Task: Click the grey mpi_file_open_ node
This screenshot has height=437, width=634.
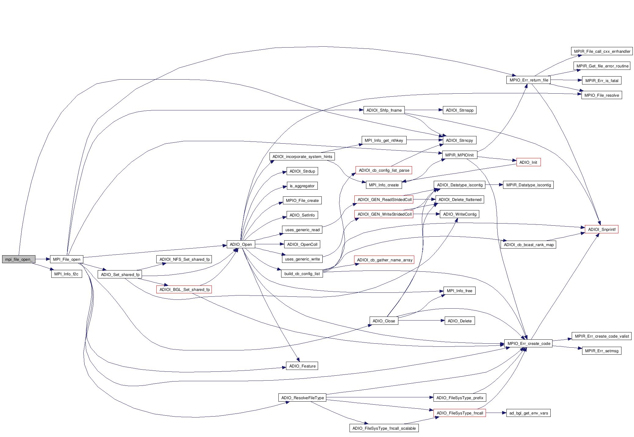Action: point(19,259)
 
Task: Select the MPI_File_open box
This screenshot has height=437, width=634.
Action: point(67,259)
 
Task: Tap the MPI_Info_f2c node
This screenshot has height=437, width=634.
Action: point(66,274)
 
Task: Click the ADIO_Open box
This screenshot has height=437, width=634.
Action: point(241,244)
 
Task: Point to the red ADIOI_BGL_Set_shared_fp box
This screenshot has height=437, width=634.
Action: point(184,289)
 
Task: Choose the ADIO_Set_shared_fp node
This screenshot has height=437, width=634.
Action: point(120,274)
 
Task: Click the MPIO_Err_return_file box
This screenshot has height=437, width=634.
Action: point(529,80)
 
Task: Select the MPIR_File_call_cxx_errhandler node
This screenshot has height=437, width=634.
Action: point(602,51)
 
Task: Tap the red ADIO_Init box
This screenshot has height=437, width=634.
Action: point(528,162)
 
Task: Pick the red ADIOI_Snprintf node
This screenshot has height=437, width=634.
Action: point(601,229)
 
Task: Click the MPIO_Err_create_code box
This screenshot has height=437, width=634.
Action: point(528,343)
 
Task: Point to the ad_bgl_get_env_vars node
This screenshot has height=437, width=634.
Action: point(528,413)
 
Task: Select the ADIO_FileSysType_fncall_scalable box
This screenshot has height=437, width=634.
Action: point(384,428)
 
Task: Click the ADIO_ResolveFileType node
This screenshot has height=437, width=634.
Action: point(302,398)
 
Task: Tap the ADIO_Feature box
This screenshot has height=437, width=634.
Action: point(302,366)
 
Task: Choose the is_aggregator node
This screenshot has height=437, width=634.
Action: point(302,186)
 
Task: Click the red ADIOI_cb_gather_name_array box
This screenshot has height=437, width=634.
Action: point(384,260)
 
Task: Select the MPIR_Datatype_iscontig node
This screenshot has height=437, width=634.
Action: point(528,185)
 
